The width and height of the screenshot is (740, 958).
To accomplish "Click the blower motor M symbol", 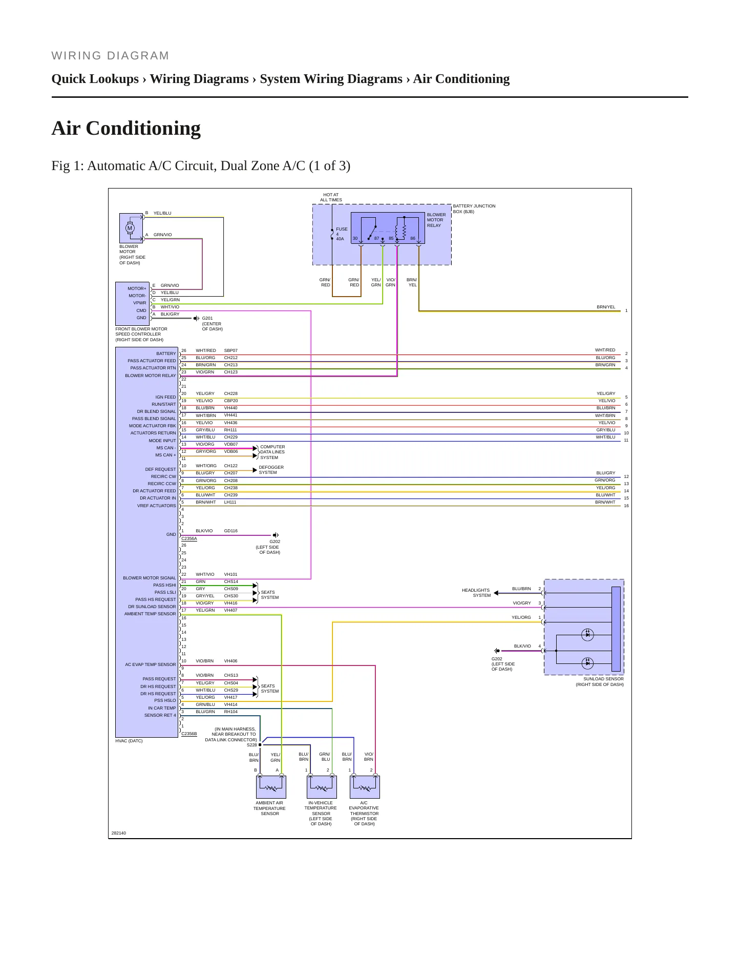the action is point(130,228).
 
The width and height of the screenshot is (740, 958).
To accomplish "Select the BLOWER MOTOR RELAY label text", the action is point(436,220).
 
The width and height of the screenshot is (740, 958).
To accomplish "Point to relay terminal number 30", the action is point(355,238).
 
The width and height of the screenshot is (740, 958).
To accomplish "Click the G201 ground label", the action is point(212,324).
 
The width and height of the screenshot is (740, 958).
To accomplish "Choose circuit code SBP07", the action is point(231,350).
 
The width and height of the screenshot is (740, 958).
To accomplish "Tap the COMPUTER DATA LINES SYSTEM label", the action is point(272,452).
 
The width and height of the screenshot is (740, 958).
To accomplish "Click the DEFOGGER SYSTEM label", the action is point(271,470).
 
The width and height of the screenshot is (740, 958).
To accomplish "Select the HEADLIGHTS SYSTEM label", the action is point(476,593).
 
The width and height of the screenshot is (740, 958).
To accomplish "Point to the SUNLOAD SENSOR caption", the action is point(600,681).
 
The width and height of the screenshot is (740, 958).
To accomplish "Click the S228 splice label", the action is point(251,745).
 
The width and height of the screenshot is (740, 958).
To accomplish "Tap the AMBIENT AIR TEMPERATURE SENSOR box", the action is point(271,787).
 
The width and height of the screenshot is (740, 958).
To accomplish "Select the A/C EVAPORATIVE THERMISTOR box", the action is point(365,787).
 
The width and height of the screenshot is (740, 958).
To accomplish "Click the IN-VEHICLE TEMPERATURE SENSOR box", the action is point(322,787).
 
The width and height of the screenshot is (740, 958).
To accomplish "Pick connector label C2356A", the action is point(189,538).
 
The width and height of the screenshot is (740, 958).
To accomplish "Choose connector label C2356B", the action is point(189,734).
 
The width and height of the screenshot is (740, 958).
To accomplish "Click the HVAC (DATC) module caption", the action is point(129,741).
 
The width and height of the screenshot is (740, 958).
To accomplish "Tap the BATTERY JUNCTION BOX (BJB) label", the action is point(474,209).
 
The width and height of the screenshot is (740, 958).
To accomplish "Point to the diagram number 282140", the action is point(119,833).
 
